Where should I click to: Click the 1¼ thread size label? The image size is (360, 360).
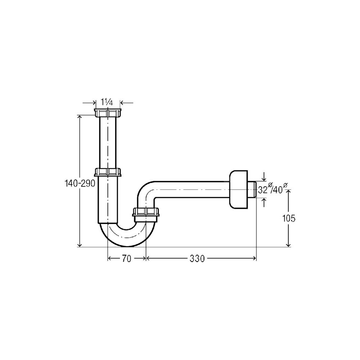point(107,102)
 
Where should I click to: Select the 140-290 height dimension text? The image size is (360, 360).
point(80,184)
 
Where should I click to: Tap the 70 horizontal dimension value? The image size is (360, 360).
point(126,258)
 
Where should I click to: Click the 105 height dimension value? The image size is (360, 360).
point(289,218)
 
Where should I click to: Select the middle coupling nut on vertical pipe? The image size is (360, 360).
point(108,172)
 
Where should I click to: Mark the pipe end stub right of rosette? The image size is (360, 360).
point(253,189)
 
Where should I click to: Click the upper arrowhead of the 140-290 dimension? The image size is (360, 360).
point(80,117)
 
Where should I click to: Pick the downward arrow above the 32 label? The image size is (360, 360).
point(264,179)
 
